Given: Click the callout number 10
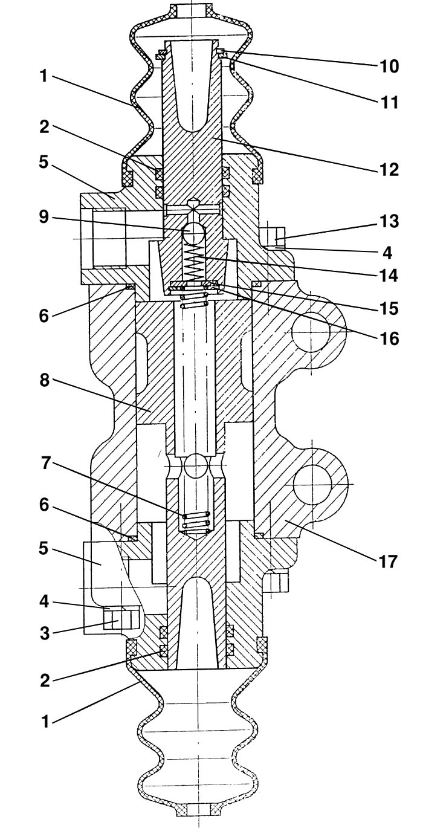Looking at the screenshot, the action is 388,66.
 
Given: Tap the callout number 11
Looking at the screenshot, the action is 388,102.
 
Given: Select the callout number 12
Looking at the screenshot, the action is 388,170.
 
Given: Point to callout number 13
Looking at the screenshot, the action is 388,221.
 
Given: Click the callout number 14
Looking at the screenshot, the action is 388,276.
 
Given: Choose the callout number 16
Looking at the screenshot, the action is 388,338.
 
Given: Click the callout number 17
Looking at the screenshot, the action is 387,561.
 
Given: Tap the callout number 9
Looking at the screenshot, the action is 44,218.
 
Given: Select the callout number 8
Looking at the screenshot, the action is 44,380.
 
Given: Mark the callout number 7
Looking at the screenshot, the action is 45,463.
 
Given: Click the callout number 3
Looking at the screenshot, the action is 44,633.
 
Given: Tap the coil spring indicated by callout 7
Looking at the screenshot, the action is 195,522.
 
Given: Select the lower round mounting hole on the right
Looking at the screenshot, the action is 312,484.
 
